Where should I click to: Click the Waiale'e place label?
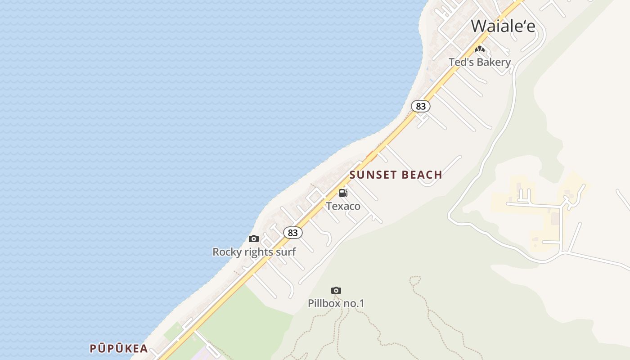click(x=503, y=26)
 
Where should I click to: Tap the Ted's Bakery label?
click(x=480, y=62)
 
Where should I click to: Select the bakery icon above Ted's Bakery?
click(x=480, y=49)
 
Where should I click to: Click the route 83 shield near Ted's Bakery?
click(x=421, y=106)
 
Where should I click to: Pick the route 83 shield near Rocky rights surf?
click(x=293, y=233)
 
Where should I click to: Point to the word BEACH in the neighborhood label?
click(x=422, y=175)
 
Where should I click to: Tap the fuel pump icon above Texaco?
click(x=343, y=193)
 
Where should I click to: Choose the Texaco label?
click(x=343, y=206)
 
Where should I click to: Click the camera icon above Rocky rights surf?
click(x=254, y=238)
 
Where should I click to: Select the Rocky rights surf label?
click(x=254, y=252)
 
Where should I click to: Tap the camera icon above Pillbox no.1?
click(x=336, y=290)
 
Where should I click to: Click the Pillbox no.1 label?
click(x=336, y=304)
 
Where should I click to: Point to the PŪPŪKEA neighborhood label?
click(x=119, y=348)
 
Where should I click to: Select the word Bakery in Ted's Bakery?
click(x=494, y=62)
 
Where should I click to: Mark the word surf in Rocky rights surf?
click(x=286, y=252)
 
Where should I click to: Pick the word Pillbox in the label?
click(x=324, y=304)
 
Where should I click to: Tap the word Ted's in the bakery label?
click(x=461, y=62)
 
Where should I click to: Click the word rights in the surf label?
click(x=257, y=252)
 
